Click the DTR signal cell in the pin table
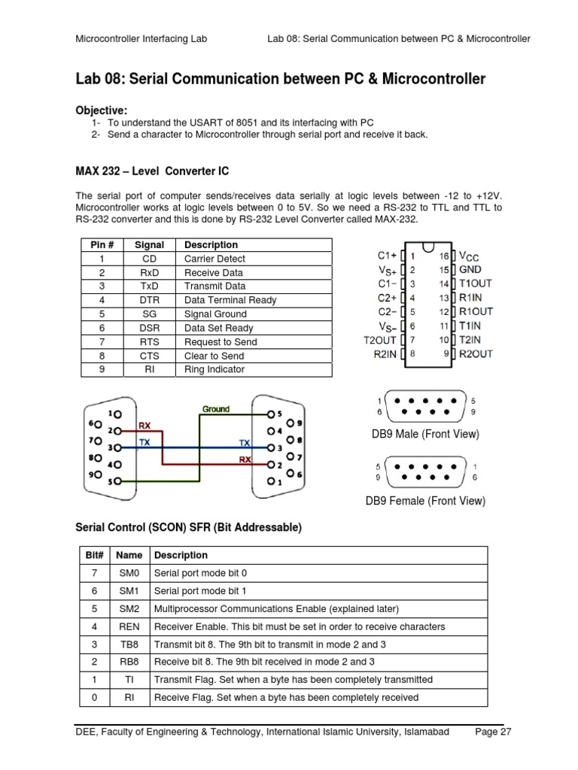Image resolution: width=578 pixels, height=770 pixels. point(149,300)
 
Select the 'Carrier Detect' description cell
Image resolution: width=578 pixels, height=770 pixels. point(214,259)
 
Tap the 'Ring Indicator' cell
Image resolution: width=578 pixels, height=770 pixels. point(214,369)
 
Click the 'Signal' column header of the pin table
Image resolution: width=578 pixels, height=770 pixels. point(149,245)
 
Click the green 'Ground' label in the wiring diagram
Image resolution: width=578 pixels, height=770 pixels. point(215,409)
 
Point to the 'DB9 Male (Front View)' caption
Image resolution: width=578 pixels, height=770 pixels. point(425,434)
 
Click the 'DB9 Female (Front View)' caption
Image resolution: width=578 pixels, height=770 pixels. point(425,501)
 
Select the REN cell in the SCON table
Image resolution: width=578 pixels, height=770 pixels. point(129,626)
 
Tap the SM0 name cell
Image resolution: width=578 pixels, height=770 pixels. point(129,573)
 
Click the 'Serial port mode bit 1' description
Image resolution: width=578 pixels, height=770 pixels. point(200,591)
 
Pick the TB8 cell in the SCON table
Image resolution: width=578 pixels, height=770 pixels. point(129,644)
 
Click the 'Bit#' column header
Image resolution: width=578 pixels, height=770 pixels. point(93,555)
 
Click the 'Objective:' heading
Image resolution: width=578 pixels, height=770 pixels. point(102,110)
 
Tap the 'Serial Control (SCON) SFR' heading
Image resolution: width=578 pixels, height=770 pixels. point(188,528)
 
